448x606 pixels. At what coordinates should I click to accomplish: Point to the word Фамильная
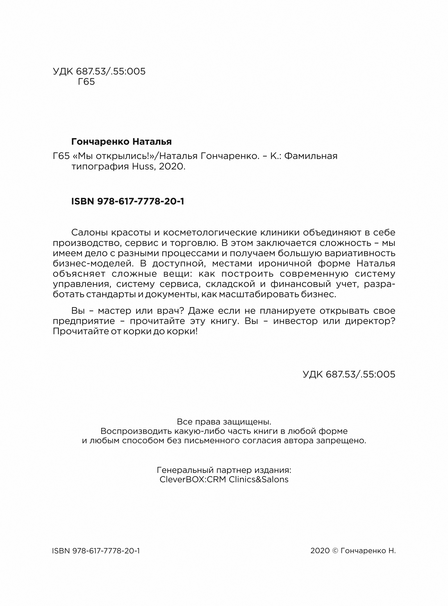(311, 156)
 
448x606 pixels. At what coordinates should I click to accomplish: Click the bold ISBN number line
(127, 201)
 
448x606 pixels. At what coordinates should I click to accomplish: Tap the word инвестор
(295, 321)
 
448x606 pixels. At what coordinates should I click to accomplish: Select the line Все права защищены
(224, 422)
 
